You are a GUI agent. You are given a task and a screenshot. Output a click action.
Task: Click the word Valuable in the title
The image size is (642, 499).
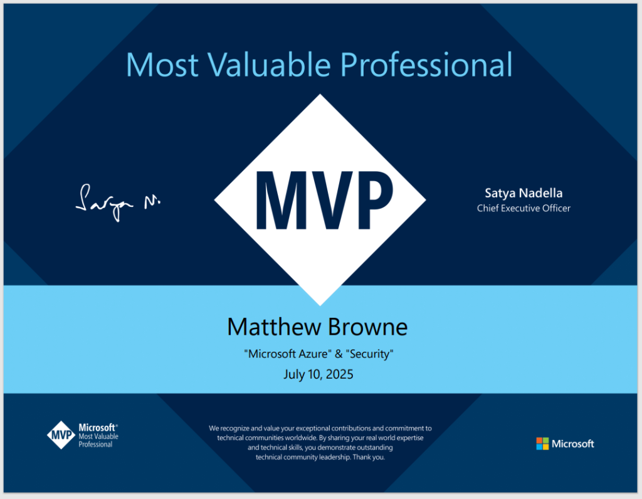[x=269, y=65]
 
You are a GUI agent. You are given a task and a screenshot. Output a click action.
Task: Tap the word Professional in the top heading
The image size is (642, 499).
[x=426, y=65]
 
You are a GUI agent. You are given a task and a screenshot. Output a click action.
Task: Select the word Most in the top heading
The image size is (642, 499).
[x=162, y=65]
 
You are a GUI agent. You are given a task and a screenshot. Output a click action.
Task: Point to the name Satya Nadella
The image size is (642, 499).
[x=524, y=193]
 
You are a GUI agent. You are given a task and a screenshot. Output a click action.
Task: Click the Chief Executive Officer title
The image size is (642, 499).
[x=524, y=208]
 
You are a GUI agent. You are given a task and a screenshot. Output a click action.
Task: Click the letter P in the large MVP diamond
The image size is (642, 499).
[x=375, y=200]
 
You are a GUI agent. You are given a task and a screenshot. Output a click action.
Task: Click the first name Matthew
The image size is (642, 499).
[x=274, y=327]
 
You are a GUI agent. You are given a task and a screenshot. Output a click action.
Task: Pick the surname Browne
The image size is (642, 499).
[x=367, y=327]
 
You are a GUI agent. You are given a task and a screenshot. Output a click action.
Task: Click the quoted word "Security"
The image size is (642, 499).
[x=370, y=354]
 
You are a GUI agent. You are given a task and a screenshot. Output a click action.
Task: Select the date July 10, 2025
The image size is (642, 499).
[x=318, y=374]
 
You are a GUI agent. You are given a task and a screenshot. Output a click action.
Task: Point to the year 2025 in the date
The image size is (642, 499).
[x=340, y=374]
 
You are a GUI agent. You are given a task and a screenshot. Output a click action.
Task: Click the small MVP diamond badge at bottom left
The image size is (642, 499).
[x=61, y=434]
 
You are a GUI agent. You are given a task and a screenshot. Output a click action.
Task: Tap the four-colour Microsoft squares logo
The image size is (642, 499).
[x=542, y=443]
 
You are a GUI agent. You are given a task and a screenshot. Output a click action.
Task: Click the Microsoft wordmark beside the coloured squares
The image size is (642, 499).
[x=573, y=444]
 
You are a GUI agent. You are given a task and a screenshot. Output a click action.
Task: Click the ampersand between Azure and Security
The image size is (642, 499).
[x=339, y=354]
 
